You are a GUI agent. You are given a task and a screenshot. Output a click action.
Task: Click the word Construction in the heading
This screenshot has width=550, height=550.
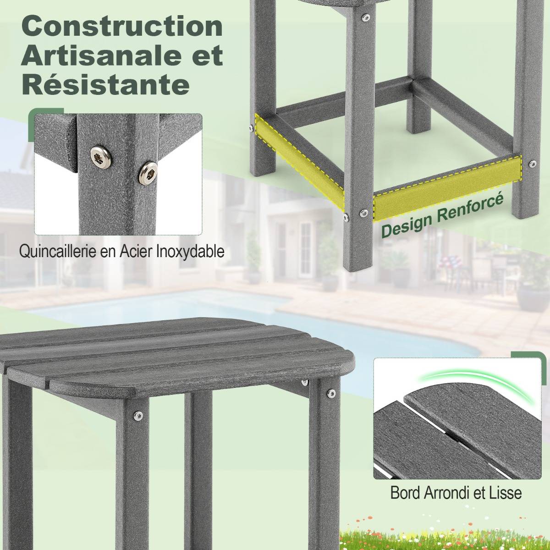pyautogui.click(x=122, y=26)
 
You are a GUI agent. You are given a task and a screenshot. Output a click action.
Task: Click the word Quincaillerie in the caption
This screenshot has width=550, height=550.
pyautogui.click(x=59, y=252)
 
